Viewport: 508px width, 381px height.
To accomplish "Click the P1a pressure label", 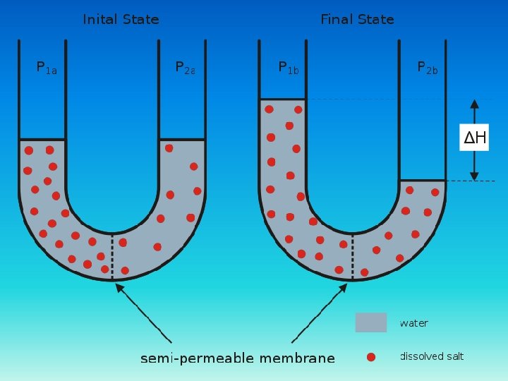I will [46, 68].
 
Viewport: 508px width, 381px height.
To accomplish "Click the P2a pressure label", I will [185, 68].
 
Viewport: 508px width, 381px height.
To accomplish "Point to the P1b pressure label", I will [289, 68].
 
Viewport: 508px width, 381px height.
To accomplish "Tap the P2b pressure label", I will [427, 68].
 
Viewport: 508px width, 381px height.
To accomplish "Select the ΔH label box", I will [474, 138].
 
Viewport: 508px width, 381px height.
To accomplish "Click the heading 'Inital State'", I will [121, 20].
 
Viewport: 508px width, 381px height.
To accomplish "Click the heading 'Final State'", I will [357, 20].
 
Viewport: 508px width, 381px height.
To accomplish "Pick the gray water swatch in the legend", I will [370, 322].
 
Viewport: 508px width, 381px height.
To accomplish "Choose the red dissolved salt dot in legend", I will [371, 357].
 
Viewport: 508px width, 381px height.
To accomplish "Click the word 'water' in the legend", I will [413, 323].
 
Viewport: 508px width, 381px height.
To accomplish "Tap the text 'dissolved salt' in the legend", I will [432, 356].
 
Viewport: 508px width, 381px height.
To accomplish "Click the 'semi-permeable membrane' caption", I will [238, 358].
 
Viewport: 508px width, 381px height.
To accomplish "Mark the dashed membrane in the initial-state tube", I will [112, 255].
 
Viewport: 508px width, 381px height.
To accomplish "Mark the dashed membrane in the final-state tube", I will [351, 255].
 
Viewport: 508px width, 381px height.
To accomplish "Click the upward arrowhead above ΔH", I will [474, 104].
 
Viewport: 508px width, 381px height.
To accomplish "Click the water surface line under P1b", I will [282, 99].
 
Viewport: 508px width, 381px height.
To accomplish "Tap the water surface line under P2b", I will [422, 181].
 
